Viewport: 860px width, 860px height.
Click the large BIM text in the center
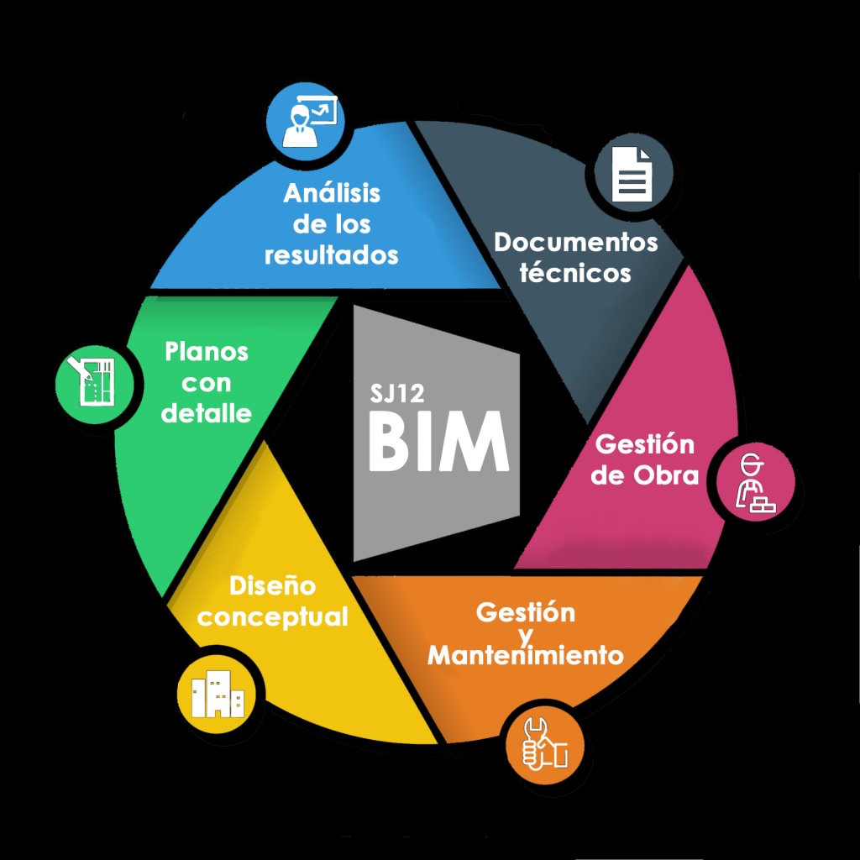(438, 442)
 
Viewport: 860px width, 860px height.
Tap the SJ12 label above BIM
(397, 394)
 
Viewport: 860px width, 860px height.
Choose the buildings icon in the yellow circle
(217, 695)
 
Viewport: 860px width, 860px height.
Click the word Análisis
(332, 193)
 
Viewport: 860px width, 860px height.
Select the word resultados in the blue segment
(331, 254)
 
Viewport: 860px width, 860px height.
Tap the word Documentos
(576, 243)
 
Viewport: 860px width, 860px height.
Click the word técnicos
(575, 273)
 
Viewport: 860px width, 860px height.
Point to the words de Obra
(645, 475)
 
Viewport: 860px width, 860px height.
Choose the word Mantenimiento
(526, 654)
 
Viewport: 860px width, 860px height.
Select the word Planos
(207, 351)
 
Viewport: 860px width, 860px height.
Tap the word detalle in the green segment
(207, 413)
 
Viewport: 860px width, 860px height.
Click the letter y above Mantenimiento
(526, 634)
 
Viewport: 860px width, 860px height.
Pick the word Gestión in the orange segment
(526, 611)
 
